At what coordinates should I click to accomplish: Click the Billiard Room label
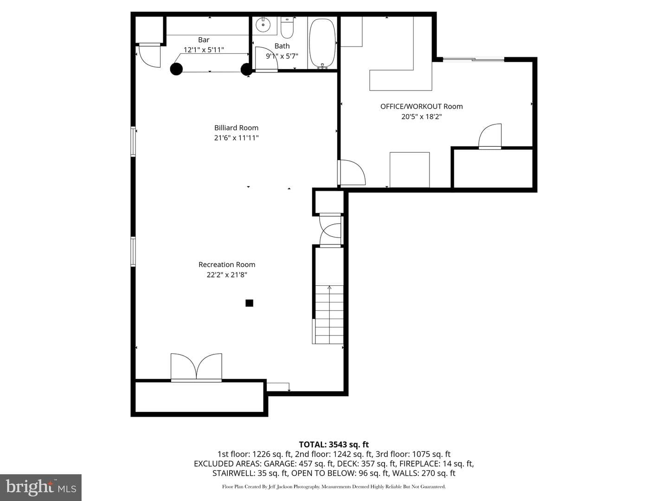[x=236, y=128]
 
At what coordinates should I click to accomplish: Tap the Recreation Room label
[x=227, y=264]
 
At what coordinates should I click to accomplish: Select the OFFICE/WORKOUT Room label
[x=422, y=107]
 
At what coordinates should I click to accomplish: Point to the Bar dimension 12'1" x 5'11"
[x=204, y=50]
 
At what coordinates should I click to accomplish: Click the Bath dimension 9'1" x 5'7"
[x=282, y=56]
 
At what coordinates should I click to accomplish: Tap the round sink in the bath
[x=263, y=24]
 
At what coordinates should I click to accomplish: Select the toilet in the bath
[x=287, y=27]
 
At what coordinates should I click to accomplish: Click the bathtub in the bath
[x=322, y=43]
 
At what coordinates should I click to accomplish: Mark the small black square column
[x=249, y=303]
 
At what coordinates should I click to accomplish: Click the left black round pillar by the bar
[x=176, y=69]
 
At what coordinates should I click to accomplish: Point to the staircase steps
[x=328, y=315]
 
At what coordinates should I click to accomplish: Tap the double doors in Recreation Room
[x=196, y=367]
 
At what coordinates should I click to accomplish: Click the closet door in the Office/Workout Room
[x=490, y=136]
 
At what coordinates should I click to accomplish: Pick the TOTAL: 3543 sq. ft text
[x=334, y=445]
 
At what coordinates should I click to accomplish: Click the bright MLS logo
[x=41, y=487]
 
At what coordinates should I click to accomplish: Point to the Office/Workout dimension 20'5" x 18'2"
[x=422, y=116]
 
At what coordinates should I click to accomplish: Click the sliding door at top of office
[x=474, y=59]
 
